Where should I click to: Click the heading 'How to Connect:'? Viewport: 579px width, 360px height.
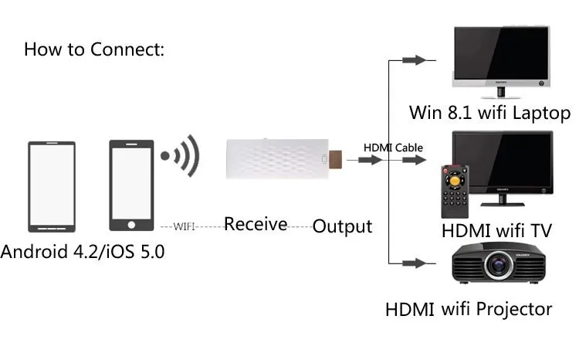[x=94, y=49]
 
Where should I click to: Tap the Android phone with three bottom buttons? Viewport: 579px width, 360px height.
[x=52, y=187]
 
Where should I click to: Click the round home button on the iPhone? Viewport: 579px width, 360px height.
[x=131, y=225]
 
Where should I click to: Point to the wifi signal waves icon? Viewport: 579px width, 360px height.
[x=180, y=155]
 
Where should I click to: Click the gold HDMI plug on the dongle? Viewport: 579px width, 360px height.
[x=335, y=159]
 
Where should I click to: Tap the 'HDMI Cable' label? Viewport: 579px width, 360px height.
[x=393, y=148]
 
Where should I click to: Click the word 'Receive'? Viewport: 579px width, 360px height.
[x=256, y=224]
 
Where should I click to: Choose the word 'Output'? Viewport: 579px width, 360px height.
[x=342, y=226]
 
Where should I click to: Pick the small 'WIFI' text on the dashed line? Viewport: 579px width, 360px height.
[x=184, y=226]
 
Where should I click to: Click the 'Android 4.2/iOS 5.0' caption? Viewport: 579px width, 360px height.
[x=83, y=252]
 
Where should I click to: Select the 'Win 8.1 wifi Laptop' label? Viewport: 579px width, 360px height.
[x=489, y=112]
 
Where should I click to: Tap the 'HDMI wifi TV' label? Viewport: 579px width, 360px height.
[x=496, y=231]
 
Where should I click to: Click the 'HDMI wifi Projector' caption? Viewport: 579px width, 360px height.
[x=469, y=309]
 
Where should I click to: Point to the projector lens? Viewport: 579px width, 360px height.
[x=499, y=265]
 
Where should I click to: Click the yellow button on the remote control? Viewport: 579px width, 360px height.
[x=455, y=181]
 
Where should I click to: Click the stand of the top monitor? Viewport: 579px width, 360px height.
[x=501, y=93]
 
